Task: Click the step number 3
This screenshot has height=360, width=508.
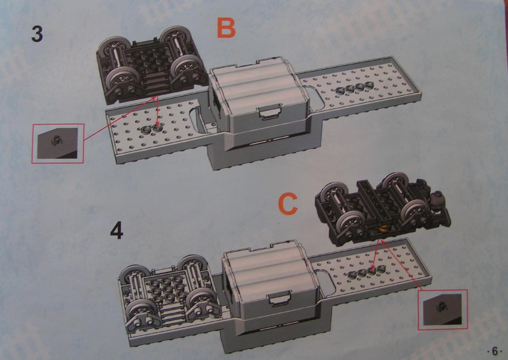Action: pyautogui.click(x=37, y=34)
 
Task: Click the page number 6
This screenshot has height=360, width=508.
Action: pyautogui.click(x=495, y=351)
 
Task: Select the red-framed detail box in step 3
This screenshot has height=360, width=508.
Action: pyautogui.click(x=58, y=143)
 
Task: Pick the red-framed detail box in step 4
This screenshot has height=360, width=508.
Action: pyautogui.click(x=443, y=310)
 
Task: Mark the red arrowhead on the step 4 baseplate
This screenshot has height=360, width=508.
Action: pyautogui.click(x=372, y=268)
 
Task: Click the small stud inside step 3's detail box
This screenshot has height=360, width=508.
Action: pyautogui.click(x=54, y=140)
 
